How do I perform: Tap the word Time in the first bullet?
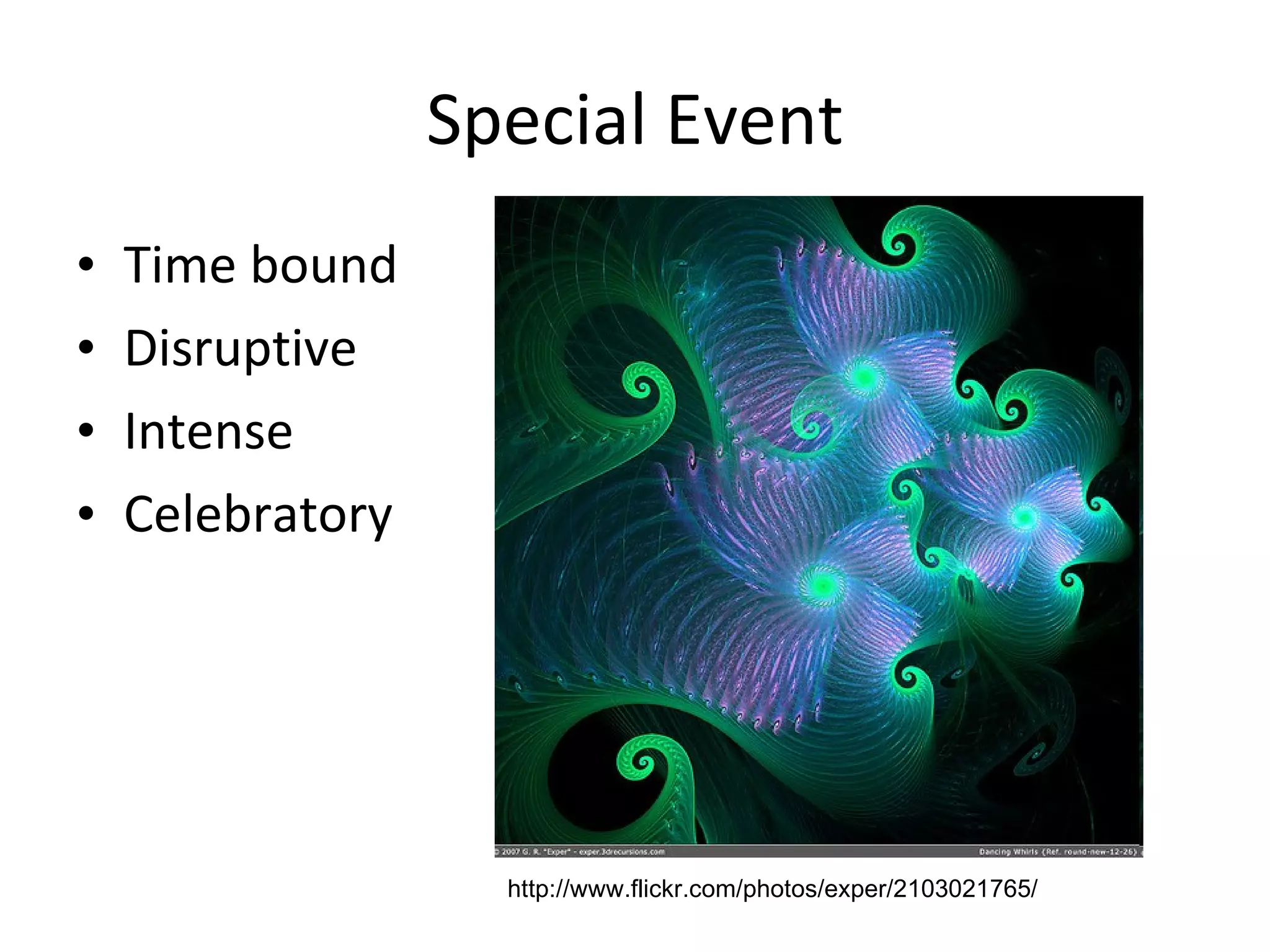180,265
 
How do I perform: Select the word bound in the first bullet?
323,265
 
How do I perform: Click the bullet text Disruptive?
240,349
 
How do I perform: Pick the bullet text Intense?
208,432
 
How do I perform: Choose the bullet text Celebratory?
258,515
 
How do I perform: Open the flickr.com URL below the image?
771,889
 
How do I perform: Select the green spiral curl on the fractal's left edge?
643,389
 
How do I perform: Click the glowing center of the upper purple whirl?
862,376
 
